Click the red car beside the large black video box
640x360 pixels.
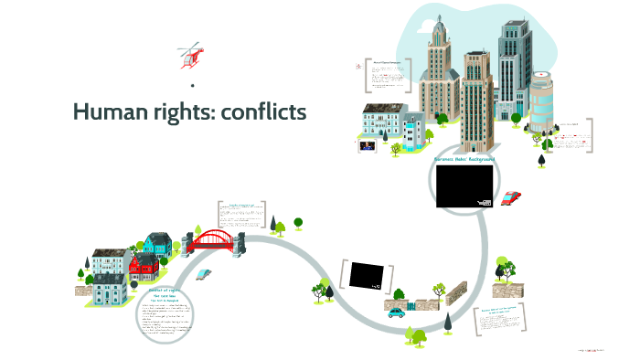click(512, 196)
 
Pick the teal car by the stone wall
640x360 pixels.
click(396, 312)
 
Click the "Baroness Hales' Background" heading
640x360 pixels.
click(464, 159)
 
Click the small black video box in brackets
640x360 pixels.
click(367, 274)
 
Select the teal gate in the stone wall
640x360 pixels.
click(411, 303)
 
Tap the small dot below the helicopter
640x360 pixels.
click(193, 86)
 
